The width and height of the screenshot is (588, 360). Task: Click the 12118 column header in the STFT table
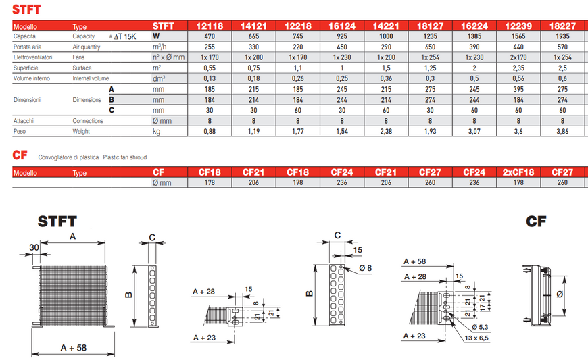tap(210, 26)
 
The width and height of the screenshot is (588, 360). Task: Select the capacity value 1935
tap(562, 36)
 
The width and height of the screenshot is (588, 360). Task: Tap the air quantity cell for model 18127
tap(430, 47)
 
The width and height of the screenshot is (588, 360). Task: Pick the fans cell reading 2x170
tap(518, 57)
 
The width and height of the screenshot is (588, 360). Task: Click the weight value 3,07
tap(474, 132)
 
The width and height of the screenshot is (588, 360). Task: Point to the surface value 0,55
tap(210, 68)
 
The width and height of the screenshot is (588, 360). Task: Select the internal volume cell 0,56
tap(518, 78)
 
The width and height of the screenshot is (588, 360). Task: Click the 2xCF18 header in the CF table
tap(518, 172)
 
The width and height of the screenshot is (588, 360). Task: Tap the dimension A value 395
tap(518, 89)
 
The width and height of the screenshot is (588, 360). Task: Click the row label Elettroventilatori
tap(32, 57)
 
